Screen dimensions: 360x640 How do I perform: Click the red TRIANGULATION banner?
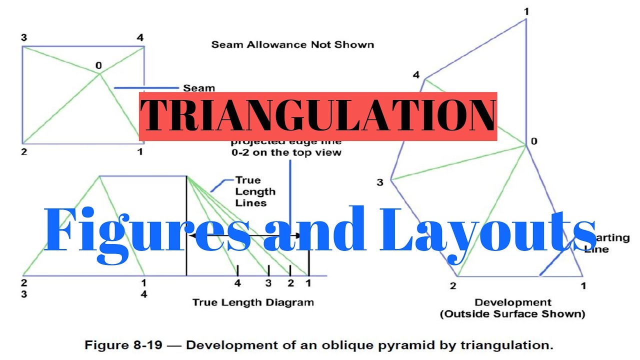(x=317, y=116)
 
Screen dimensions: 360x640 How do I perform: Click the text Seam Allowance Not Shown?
(x=292, y=44)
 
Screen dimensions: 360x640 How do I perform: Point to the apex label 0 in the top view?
(x=98, y=65)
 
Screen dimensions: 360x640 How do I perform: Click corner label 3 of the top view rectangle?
(x=24, y=37)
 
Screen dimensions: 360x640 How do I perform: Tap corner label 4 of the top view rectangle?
(x=140, y=37)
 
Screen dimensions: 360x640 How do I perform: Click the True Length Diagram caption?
(x=253, y=302)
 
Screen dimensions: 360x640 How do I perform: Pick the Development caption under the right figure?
(x=513, y=302)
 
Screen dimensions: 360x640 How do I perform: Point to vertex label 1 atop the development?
(x=526, y=11)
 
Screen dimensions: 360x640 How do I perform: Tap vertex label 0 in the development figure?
(x=534, y=141)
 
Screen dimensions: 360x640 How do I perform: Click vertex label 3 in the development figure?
(x=380, y=182)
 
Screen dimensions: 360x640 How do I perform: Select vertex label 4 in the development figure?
(x=416, y=75)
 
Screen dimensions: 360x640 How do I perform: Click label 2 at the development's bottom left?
(x=453, y=286)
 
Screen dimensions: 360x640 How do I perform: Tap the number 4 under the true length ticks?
(x=237, y=283)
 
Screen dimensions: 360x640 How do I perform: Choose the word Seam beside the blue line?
(x=198, y=88)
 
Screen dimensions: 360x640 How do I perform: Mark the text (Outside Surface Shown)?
(x=512, y=314)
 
